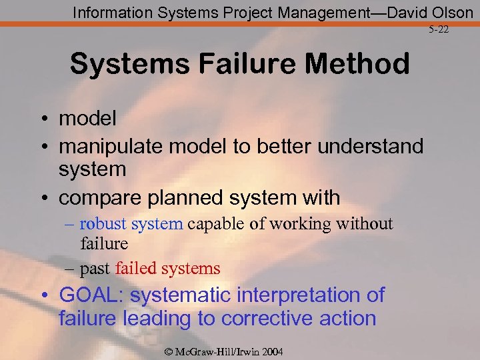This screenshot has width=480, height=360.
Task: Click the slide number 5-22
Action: click(439, 30)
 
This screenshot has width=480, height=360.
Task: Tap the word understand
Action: click(370, 147)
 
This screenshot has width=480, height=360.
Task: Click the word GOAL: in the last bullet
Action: click(91, 295)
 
